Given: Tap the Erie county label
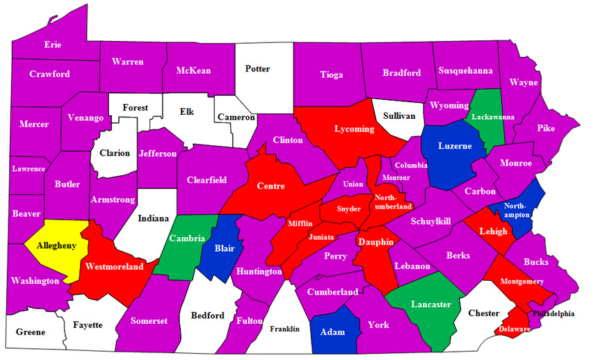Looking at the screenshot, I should (x=53, y=44).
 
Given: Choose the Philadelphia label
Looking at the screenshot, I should (x=553, y=313).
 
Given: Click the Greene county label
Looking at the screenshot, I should (x=30, y=332).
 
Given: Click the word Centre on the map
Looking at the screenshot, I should (x=270, y=186).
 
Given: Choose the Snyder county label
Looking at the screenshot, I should (x=348, y=208).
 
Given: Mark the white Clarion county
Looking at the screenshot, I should (x=114, y=153).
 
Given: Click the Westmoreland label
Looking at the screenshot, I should (x=114, y=266).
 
